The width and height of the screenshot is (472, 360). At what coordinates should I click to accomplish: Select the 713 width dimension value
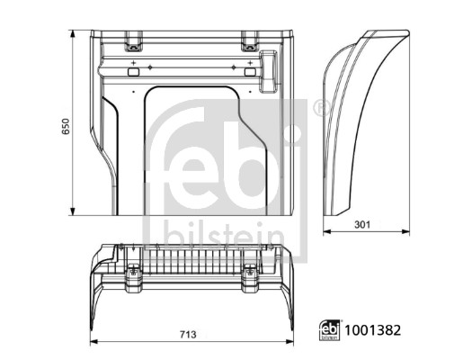pos(188,336)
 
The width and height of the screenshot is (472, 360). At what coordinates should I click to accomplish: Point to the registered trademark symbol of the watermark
pos(317,108)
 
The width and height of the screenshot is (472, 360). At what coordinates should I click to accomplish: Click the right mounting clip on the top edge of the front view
pos(249,40)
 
